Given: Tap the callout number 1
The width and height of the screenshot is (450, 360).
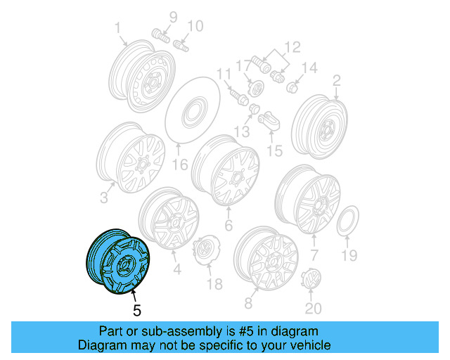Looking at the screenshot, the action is coord(118,29).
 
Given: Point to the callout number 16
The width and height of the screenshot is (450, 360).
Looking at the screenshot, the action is coord(180,165).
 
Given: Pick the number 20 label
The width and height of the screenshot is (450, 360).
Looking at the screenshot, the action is coord(311,308).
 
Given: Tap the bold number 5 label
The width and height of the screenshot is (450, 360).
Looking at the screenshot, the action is coord(137,309).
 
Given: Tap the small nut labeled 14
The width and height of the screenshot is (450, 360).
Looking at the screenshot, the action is coord(293,87).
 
